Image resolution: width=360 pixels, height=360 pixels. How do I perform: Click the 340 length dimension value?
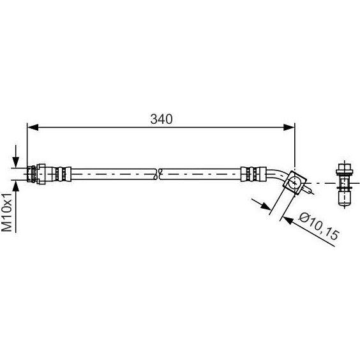point(161,119)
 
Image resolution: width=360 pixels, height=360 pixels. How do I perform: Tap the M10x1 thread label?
point(6,213)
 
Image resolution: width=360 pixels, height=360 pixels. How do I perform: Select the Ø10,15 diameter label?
point(319,226)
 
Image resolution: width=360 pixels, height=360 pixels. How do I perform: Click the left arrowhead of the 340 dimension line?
point(33,127)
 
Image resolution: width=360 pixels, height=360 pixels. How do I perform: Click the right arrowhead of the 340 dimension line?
point(289,127)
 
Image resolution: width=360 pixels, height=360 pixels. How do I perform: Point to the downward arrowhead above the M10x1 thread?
point(15,162)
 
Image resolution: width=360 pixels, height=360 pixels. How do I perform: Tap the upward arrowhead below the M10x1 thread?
point(15,186)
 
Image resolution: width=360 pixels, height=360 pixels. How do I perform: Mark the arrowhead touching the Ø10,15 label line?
point(288,220)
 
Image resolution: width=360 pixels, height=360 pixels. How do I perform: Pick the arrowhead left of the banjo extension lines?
point(266,206)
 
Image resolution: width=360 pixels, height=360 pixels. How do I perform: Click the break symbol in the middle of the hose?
point(157,174)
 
